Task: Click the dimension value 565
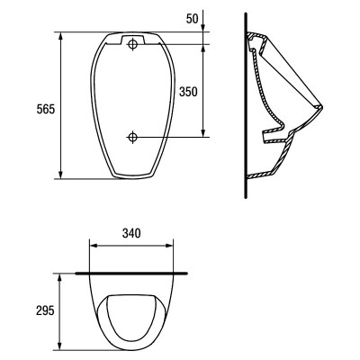(46, 109)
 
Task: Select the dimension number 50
(193, 19)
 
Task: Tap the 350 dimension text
(188, 92)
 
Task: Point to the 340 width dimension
(131, 233)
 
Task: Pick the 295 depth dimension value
(45, 310)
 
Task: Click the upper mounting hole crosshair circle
(132, 45)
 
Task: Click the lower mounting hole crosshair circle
(132, 137)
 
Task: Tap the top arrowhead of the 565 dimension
(61, 36)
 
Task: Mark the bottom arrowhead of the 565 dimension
(61, 175)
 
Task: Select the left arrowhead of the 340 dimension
(94, 246)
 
